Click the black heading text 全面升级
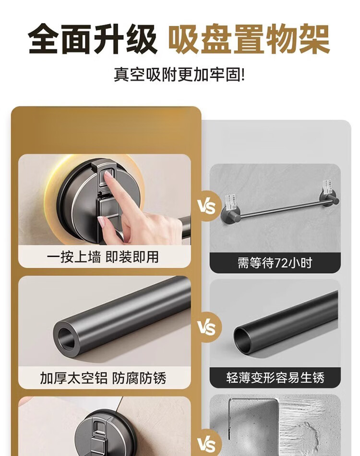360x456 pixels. point(92,39)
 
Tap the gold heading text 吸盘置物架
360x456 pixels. point(249,39)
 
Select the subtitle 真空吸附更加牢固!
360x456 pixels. point(179,75)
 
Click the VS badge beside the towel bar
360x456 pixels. point(207,207)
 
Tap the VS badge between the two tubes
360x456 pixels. point(207,327)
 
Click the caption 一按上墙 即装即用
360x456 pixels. point(103,257)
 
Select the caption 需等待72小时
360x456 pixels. point(275,263)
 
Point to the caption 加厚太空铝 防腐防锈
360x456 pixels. point(103,378)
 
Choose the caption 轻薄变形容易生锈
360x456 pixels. point(275,378)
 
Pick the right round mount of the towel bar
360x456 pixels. point(329,199)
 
